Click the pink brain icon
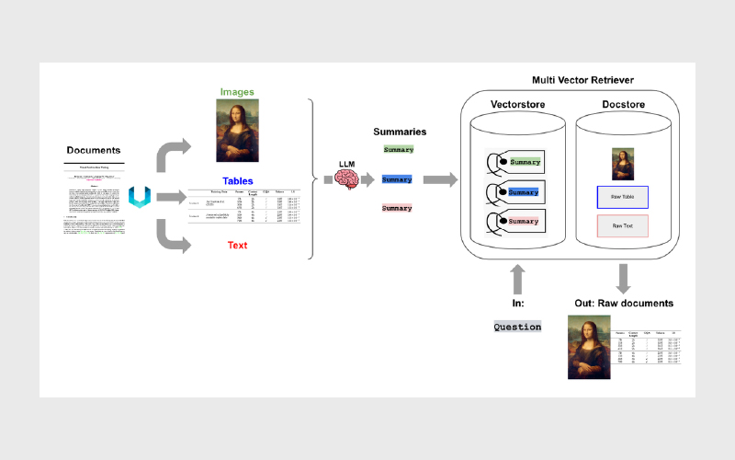tap(347, 180)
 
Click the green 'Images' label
tap(237, 92)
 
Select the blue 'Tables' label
tap(237, 181)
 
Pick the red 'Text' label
tap(237, 246)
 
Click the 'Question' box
tap(517, 327)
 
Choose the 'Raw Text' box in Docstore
tap(623, 225)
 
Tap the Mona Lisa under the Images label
tap(237, 130)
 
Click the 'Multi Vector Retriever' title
tap(582, 81)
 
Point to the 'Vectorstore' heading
tap(517, 105)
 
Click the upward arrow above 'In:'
tap(517, 278)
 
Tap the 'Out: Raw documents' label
tap(624, 303)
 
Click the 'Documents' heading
tap(94, 149)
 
